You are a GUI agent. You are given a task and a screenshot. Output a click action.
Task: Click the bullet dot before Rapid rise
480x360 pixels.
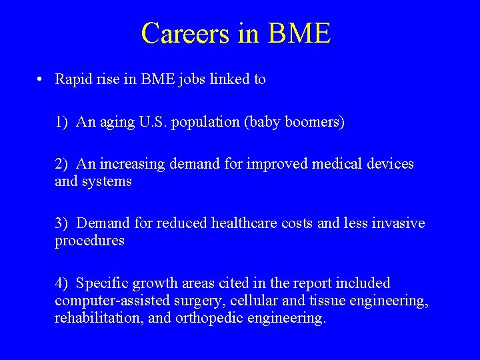pos(41,79)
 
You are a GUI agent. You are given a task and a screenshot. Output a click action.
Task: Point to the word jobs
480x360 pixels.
pos(192,79)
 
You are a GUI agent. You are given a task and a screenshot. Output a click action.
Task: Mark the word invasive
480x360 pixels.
pos(397,223)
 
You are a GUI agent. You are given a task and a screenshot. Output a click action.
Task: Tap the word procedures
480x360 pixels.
pos(89,241)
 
